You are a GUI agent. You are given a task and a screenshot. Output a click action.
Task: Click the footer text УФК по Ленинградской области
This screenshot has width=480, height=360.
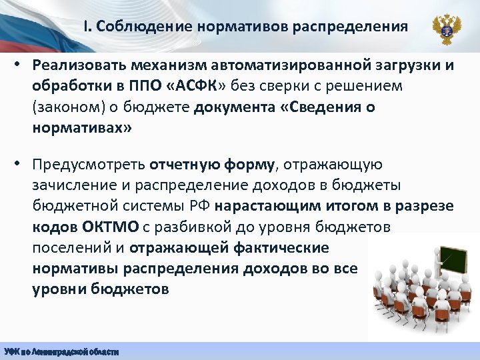61,351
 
